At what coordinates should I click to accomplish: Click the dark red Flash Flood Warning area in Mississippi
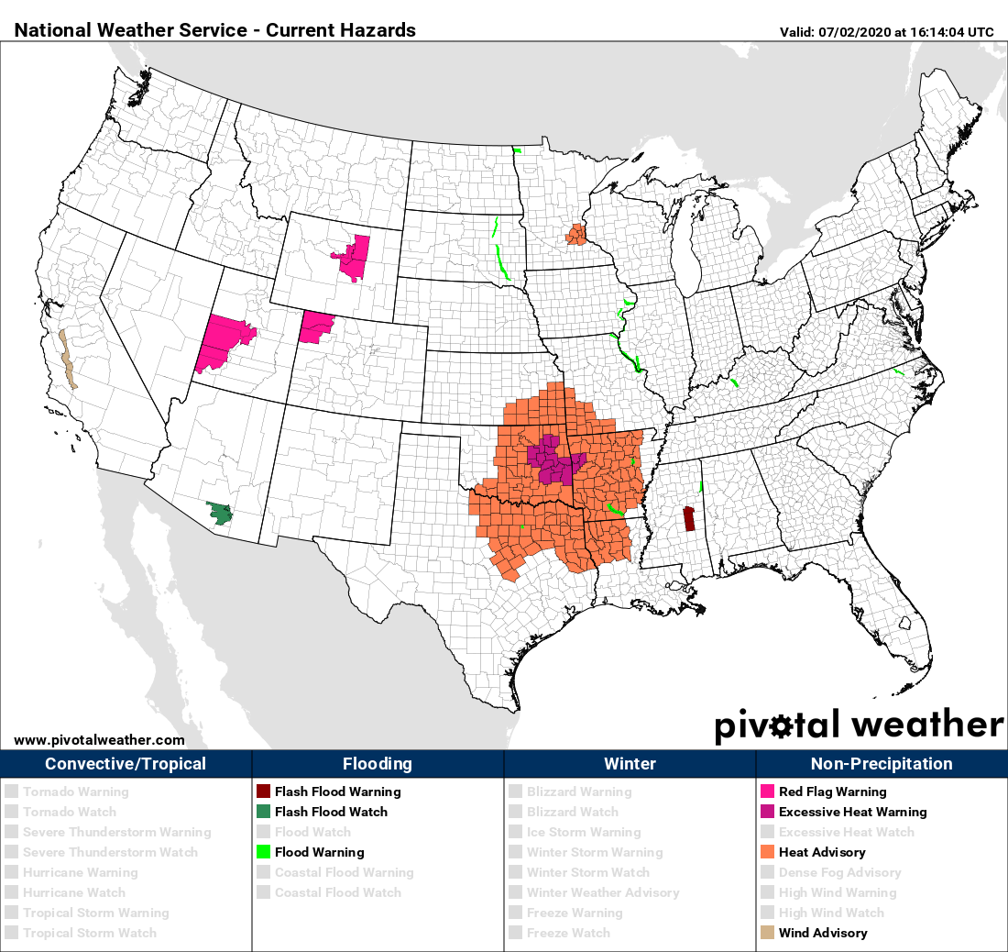[x=688, y=519]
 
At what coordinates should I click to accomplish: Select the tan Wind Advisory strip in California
[x=66, y=360]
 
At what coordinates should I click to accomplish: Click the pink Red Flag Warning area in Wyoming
[x=354, y=256]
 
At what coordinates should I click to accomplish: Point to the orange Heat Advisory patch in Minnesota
[x=576, y=235]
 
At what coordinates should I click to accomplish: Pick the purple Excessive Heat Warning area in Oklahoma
[x=553, y=460]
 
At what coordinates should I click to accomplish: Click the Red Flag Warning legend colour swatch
[x=767, y=791]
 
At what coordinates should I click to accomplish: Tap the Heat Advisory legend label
[x=822, y=852]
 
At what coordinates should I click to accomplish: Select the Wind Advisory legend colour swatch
[x=767, y=933]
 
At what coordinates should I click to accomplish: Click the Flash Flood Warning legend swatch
[x=263, y=791]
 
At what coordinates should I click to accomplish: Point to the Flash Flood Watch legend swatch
[x=263, y=812]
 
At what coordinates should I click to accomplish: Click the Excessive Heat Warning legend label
[x=852, y=812]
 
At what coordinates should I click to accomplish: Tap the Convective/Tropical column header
[x=126, y=764]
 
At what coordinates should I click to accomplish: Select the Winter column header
[x=630, y=764]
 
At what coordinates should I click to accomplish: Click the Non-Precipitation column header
[x=882, y=764]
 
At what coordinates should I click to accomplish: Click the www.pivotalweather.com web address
[x=99, y=740]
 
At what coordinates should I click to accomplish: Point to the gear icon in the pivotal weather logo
[x=781, y=726]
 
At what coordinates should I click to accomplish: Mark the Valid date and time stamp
[x=886, y=31]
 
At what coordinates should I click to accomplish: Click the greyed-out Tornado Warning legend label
[x=76, y=791]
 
